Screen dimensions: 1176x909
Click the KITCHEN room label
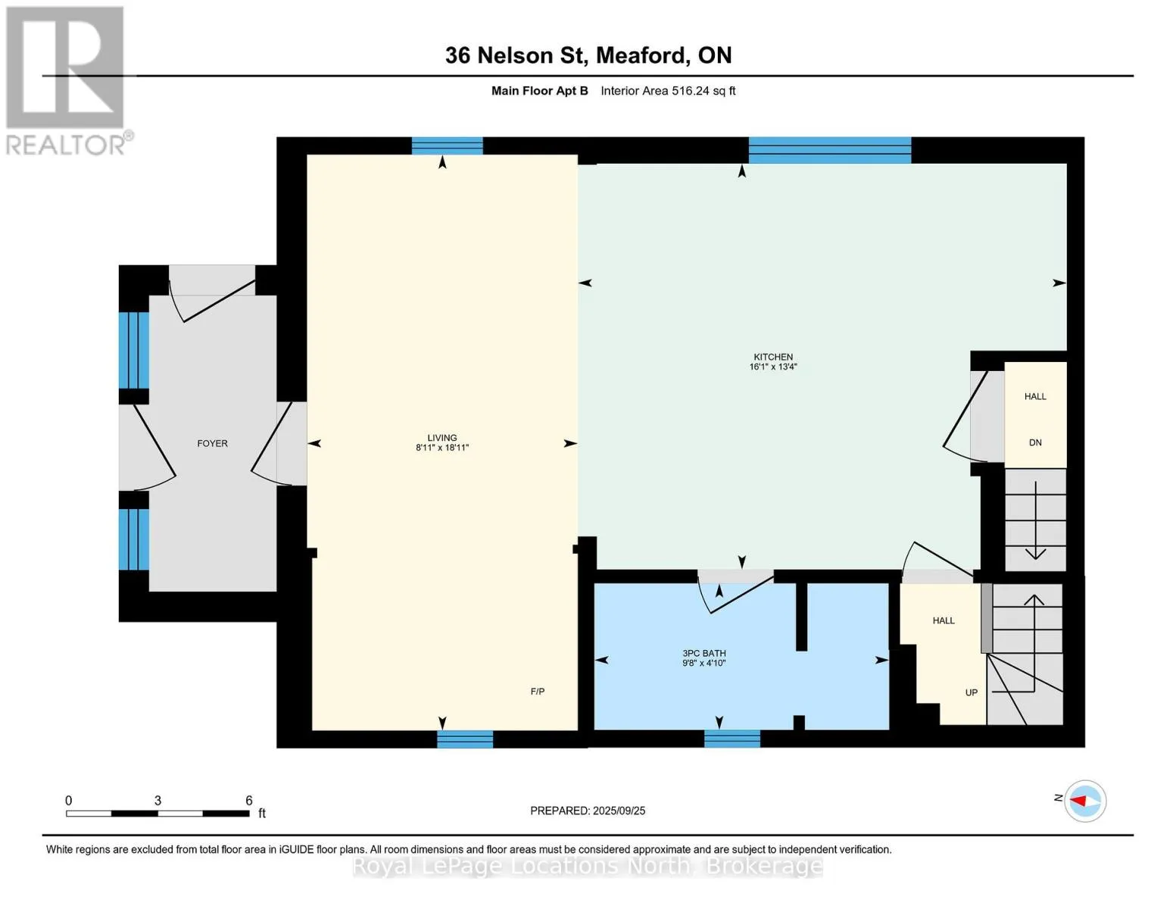tap(773, 357)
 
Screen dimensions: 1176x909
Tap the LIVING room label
tap(442, 437)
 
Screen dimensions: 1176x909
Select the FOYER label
tap(212, 443)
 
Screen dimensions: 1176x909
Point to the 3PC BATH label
tap(704, 654)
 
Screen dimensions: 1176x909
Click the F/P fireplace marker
tap(538, 692)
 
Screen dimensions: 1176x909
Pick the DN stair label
tap(1035, 442)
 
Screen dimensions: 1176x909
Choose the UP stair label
tap(972, 692)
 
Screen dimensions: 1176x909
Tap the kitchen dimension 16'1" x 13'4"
tap(773, 367)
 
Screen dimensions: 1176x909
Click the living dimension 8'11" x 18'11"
tap(442, 447)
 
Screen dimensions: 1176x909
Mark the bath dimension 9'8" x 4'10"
tap(704, 663)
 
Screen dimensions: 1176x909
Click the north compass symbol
tap(1084, 801)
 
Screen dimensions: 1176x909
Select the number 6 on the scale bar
tap(249, 800)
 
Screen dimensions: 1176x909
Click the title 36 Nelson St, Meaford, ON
tap(588, 55)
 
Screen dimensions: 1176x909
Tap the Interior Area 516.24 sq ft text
tap(668, 91)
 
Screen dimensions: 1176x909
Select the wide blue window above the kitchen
tap(830, 150)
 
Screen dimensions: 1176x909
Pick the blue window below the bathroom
tap(731, 739)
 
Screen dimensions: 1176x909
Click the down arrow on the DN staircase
tap(1035, 520)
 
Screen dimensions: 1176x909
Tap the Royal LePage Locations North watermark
tap(588, 866)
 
